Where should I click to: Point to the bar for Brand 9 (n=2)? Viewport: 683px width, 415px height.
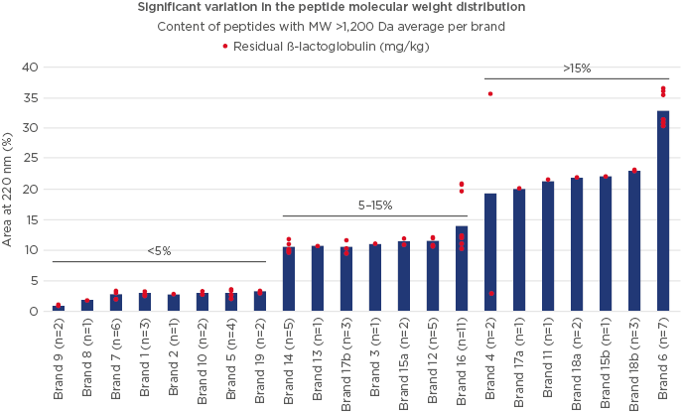[x=59, y=308]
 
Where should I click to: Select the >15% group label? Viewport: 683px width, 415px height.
[x=576, y=68]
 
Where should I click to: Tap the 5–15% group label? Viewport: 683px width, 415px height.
[x=375, y=206]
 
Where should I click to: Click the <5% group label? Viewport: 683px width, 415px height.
[x=159, y=251]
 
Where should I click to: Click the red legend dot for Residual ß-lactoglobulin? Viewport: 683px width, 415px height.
[x=225, y=46]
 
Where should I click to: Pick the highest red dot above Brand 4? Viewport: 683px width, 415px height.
[x=490, y=94]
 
